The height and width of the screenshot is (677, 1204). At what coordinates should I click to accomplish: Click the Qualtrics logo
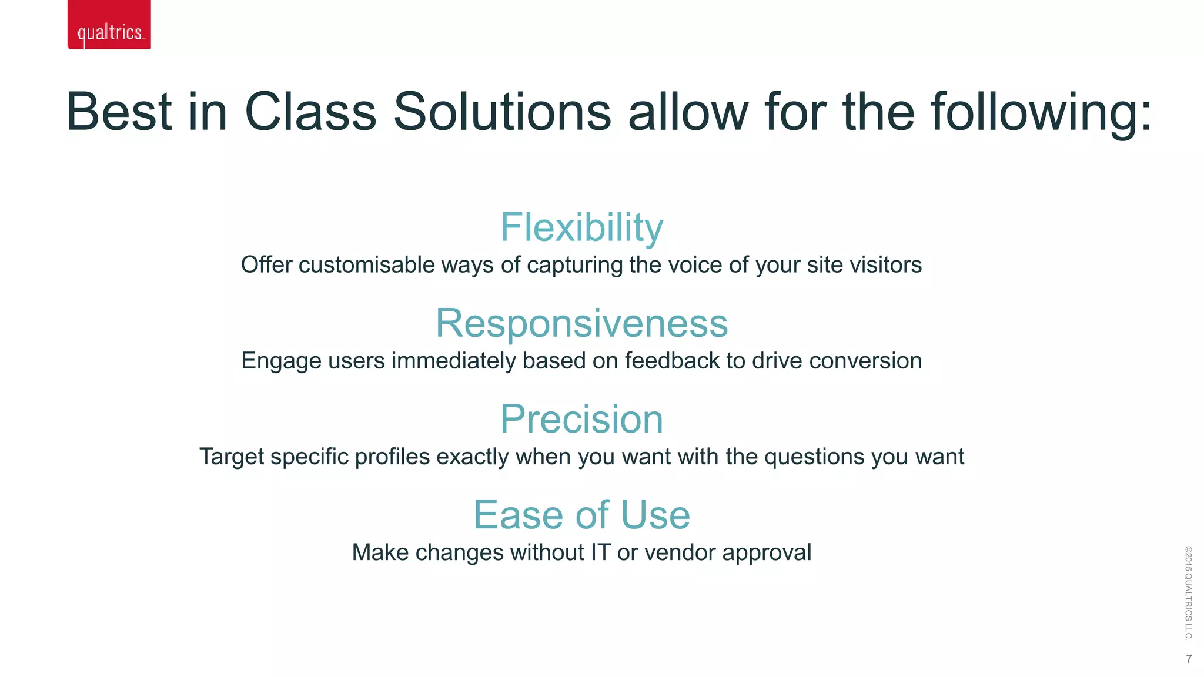109,25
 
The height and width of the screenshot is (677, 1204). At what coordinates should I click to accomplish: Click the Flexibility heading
581,227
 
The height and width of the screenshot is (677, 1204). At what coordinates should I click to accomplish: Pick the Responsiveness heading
581,323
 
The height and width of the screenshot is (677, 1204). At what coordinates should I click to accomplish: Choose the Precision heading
581,419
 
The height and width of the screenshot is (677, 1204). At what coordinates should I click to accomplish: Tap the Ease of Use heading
581,515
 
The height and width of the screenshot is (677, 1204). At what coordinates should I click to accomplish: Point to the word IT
601,552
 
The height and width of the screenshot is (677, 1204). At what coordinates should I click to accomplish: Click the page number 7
1189,659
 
